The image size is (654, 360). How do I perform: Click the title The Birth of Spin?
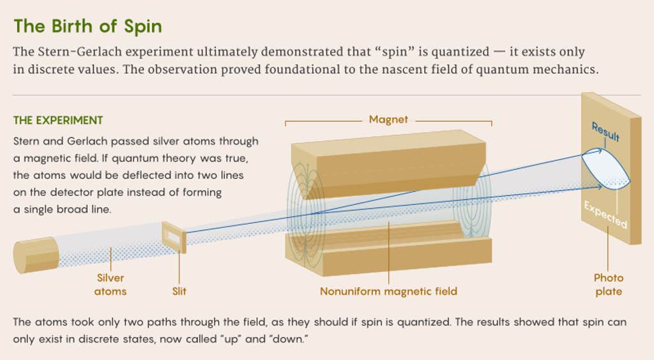tap(87, 26)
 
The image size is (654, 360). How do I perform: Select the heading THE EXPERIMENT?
tap(58, 121)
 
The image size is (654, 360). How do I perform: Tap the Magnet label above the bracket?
tap(388, 119)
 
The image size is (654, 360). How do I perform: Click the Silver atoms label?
tap(110, 285)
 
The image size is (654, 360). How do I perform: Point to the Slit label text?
tap(179, 291)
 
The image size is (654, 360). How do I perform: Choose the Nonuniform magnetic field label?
tap(388, 291)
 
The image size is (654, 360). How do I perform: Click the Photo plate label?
tap(609, 285)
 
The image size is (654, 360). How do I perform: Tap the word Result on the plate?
tap(605, 131)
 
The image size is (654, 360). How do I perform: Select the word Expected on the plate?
tap(605, 214)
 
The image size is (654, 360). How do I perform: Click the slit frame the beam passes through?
tap(174, 237)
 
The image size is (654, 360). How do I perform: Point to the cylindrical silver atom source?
tap(36, 255)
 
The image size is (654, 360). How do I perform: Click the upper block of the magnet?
tap(388, 163)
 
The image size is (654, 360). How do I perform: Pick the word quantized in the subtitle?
tap(460, 52)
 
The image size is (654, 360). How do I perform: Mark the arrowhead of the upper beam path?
tap(600, 151)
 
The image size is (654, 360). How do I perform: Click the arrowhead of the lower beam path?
tap(599, 187)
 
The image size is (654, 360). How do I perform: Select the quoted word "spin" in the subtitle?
tap(395, 52)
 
